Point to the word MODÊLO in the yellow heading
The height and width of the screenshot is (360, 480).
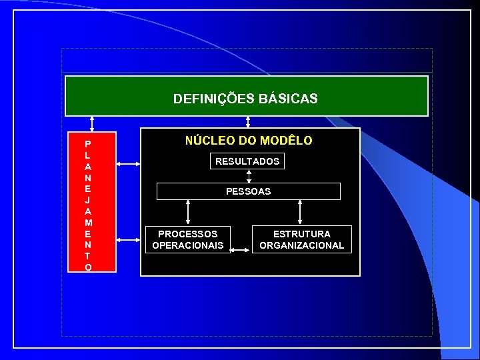(286, 141)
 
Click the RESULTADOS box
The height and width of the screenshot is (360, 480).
(247, 161)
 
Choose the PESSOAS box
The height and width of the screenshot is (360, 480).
(248, 191)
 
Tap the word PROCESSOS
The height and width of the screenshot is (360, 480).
(187, 234)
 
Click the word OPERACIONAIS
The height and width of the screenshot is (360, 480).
(187, 245)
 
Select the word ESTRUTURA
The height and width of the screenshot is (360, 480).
(301, 234)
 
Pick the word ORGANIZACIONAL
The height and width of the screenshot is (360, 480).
(301, 245)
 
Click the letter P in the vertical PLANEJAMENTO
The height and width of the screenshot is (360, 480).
(88, 143)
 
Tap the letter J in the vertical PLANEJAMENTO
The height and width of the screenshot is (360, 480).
(88, 199)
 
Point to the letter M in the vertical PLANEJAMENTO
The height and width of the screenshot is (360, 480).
(88, 222)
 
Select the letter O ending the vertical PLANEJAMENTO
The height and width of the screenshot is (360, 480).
(88, 267)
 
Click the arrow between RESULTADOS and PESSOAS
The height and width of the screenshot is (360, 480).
(249, 176)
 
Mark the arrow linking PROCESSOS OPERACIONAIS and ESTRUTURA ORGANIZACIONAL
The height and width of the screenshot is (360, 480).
(241, 250)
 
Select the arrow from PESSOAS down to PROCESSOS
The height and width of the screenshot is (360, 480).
(189, 212)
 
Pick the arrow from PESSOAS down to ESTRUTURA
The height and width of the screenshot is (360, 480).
(301, 212)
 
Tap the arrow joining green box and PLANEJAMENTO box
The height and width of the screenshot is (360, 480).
(92, 125)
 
